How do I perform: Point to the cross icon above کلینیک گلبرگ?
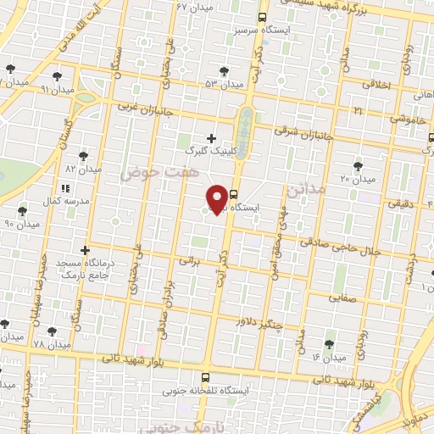211,137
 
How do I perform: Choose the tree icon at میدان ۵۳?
224,72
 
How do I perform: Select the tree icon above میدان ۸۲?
83,156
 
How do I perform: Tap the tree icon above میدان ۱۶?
329,344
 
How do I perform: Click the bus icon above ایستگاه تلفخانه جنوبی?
205,377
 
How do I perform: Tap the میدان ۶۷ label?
194,7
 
